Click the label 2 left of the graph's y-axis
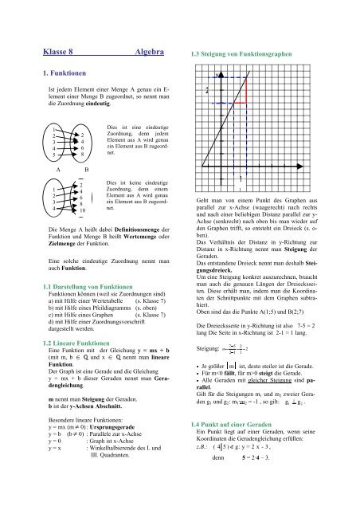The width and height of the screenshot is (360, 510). point(205,91)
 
